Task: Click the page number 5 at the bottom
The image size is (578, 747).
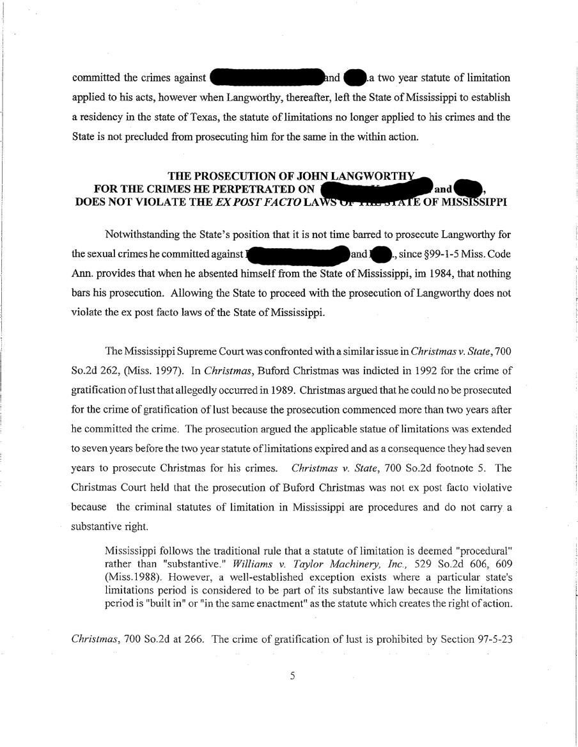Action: [292, 676]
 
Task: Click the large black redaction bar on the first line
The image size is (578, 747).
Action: [266, 78]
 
